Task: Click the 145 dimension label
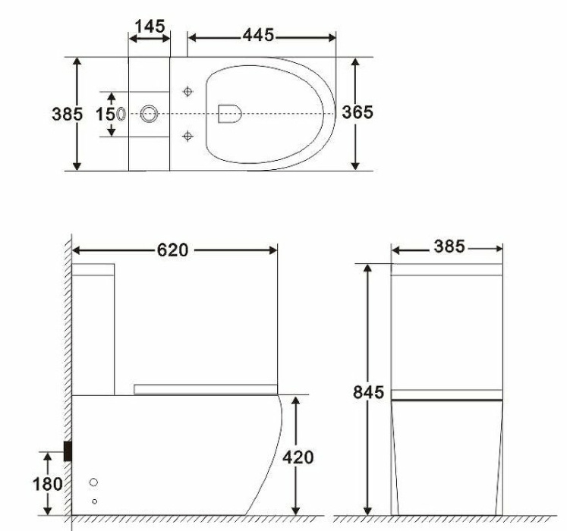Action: tap(150, 27)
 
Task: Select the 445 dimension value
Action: tap(259, 35)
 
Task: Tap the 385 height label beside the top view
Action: tap(66, 114)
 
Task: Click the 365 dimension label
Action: tap(357, 112)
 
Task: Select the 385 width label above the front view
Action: tap(450, 247)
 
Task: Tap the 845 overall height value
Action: tap(368, 392)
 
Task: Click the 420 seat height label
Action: tap(297, 457)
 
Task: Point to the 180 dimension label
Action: tap(48, 483)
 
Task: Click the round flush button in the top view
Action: tap(150, 114)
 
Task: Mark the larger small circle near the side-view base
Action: tap(93, 482)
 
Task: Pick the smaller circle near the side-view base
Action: tap(94, 501)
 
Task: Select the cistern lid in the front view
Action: tap(446, 269)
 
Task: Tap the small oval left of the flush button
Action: tap(122, 114)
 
